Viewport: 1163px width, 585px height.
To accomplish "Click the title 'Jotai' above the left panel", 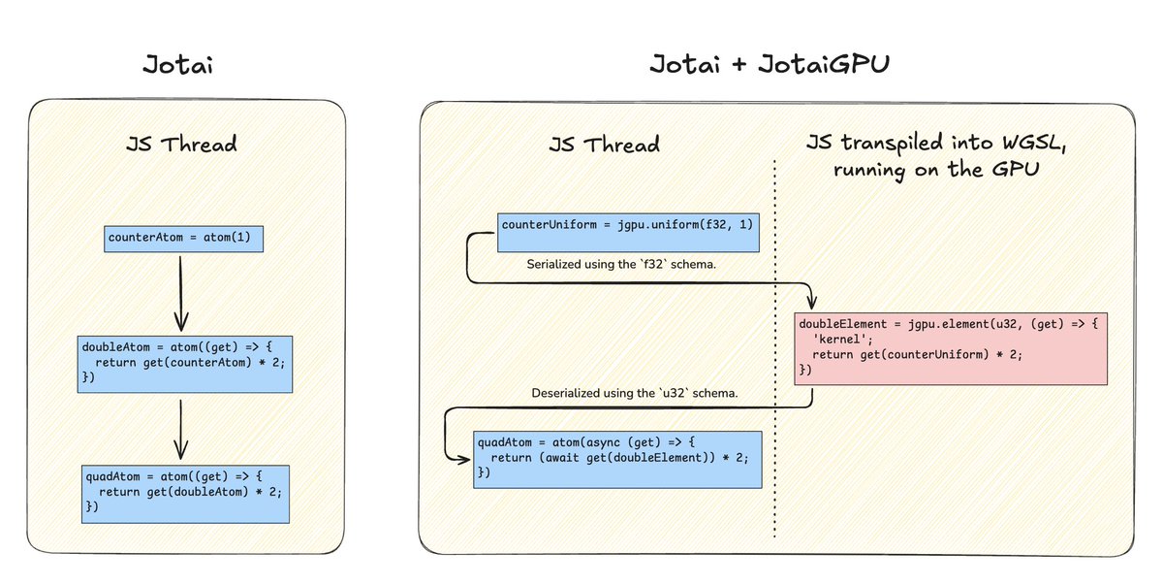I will pyautogui.click(x=179, y=66).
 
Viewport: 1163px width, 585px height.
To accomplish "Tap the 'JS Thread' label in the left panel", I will pyautogui.click(x=181, y=146).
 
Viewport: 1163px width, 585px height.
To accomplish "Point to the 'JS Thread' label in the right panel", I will pyautogui.click(x=603, y=146).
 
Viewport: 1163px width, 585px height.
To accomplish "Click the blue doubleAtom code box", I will pyautogui.click(x=185, y=364).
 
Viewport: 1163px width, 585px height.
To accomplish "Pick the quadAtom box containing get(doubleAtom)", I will pyautogui.click(x=185, y=492).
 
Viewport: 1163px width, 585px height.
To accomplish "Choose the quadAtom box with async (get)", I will pyautogui.click(x=615, y=457).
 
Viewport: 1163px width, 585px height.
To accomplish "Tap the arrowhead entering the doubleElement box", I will pyautogui.click(x=812, y=300).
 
